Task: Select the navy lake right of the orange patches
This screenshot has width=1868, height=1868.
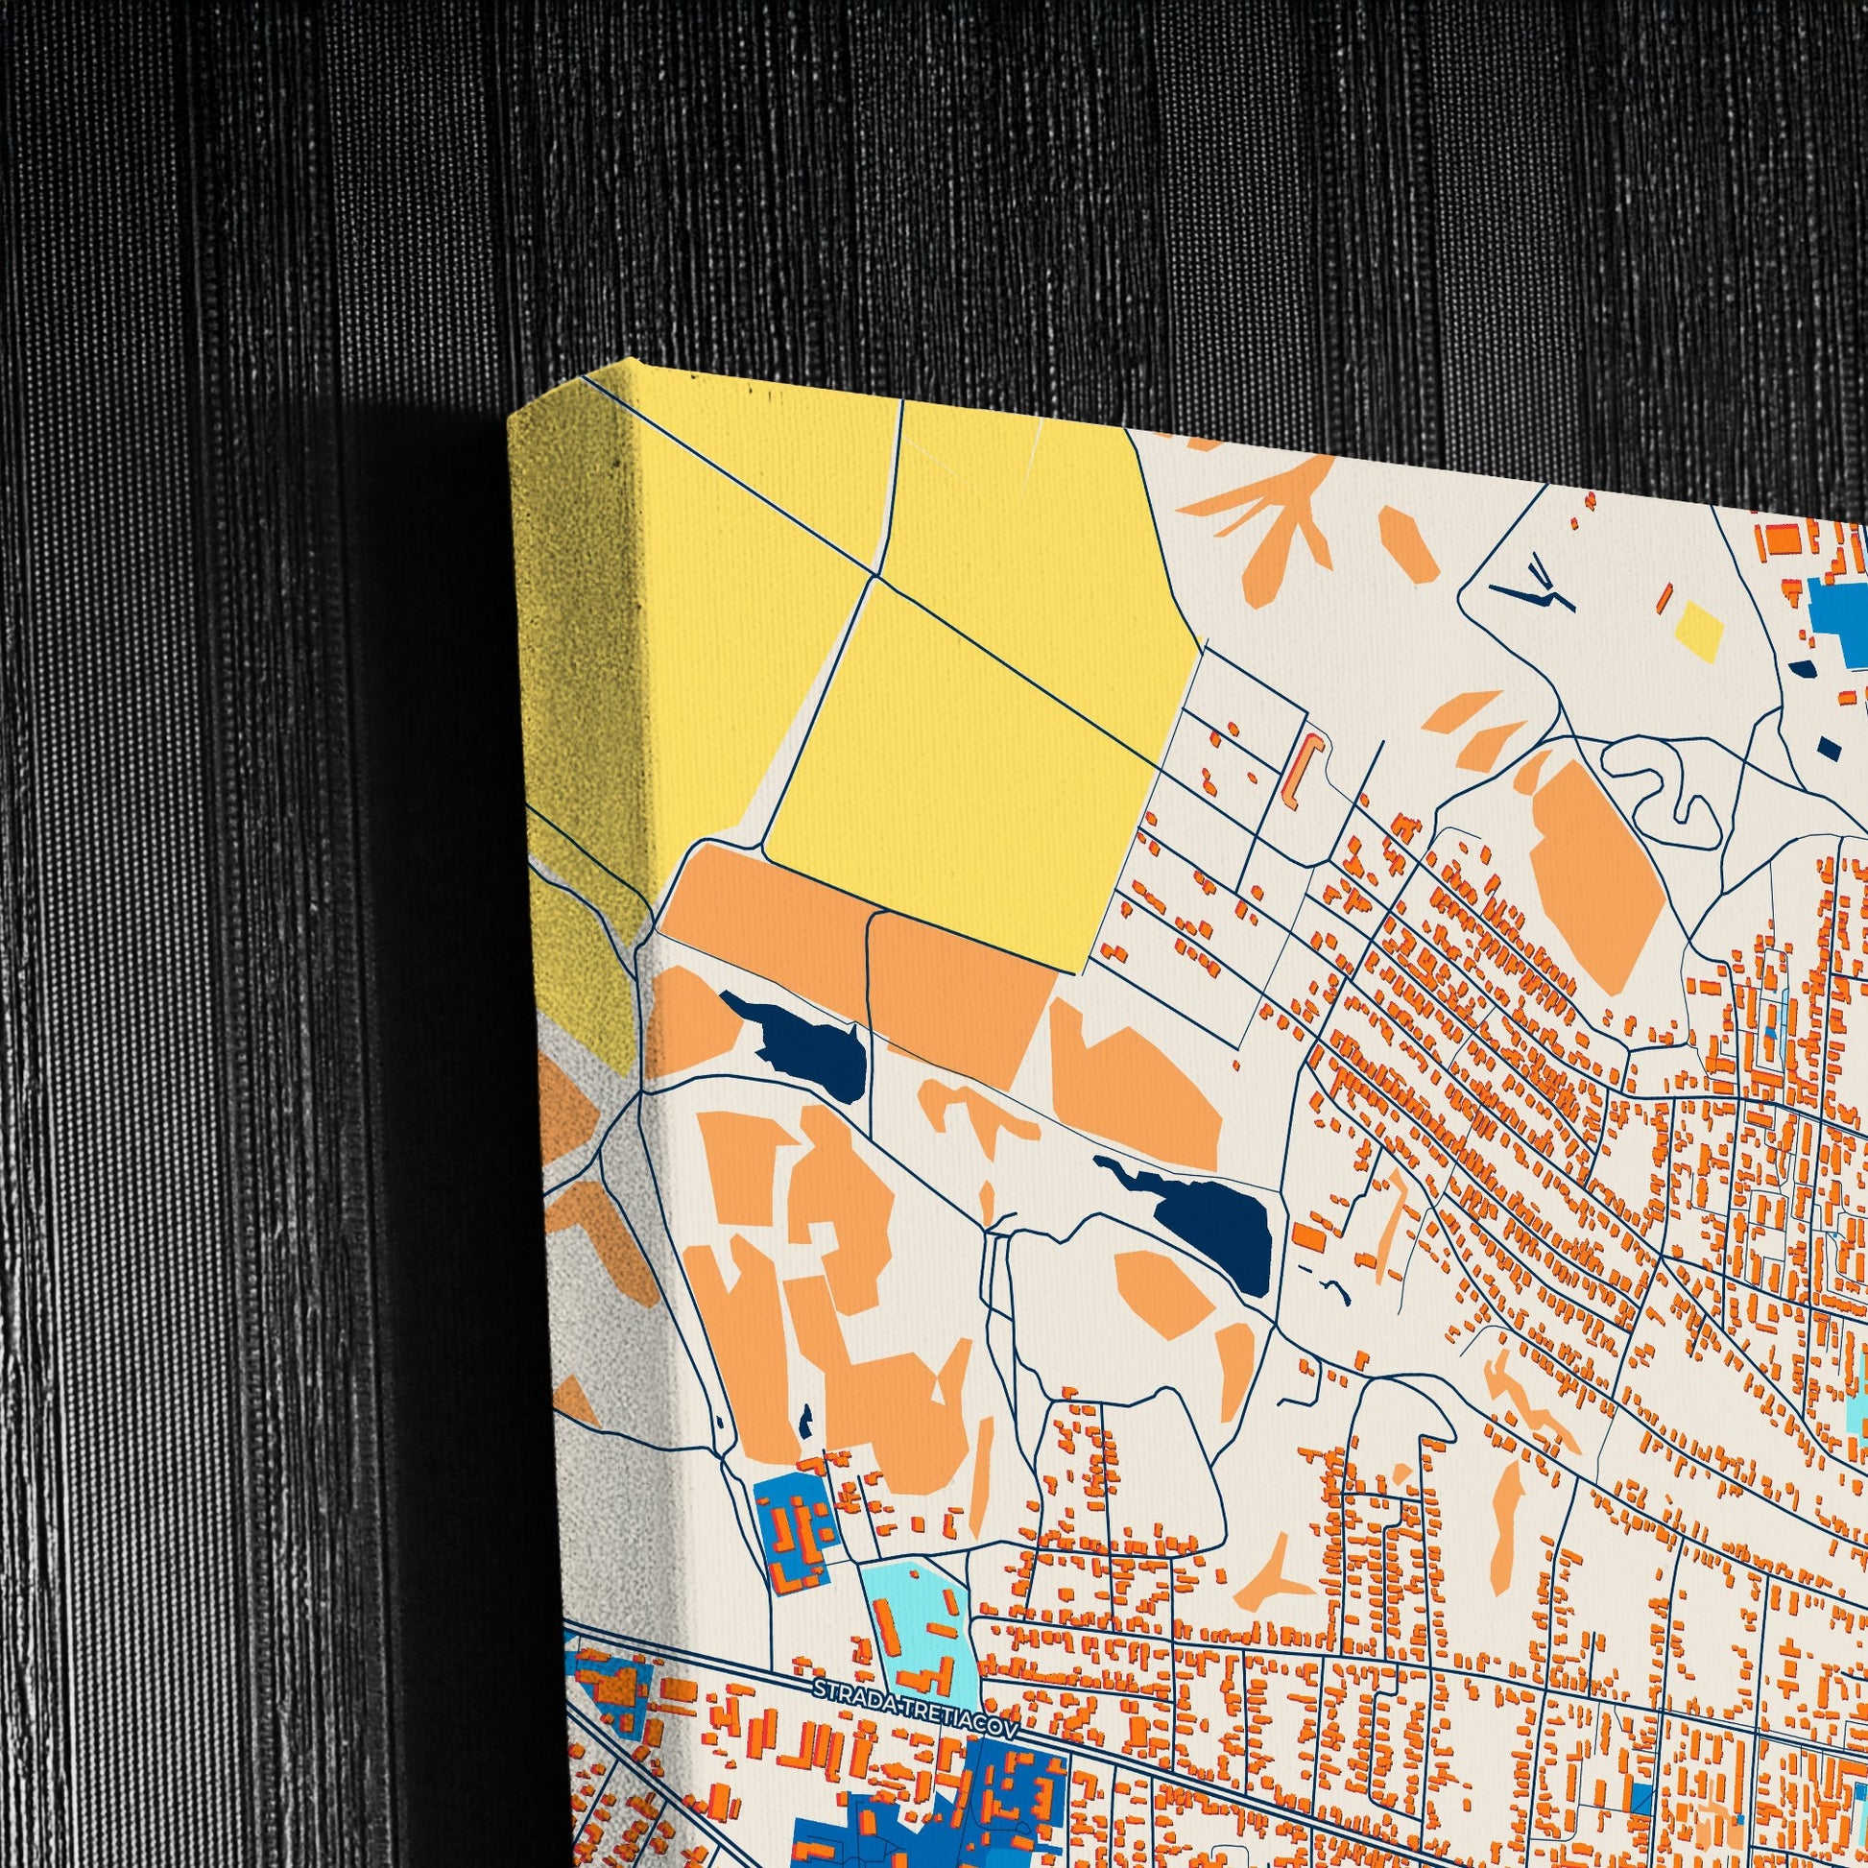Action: tap(1209, 1223)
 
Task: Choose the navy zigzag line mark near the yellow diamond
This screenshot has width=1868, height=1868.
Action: tap(1538, 588)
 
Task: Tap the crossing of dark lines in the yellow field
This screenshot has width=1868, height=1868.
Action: tap(876, 576)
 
